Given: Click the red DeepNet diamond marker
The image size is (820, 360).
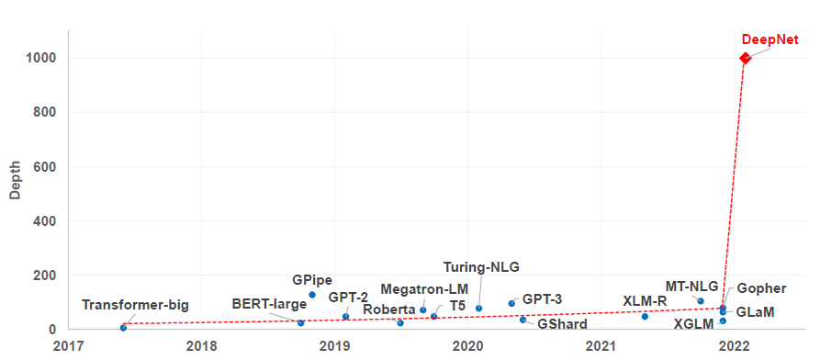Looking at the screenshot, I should click(x=745, y=59).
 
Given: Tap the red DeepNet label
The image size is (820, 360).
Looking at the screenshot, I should click(x=769, y=39).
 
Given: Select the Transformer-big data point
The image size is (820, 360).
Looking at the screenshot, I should click(x=123, y=327).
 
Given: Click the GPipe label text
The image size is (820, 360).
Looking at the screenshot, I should click(x=312, y=280).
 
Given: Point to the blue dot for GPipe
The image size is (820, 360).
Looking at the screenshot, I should click(x=312, y=295).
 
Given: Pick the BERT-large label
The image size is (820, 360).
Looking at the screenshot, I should click(x=268, y=304).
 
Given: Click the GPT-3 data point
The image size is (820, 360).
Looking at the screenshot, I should click(x=511, y=303).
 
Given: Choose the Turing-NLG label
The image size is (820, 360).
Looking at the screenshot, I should click(x=481, y=267).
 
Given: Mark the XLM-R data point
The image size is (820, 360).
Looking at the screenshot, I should click(x=645, y=316).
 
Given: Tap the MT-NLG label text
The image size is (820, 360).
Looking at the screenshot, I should click(x=691, y=286).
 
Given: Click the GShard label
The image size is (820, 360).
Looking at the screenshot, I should click(x=562, y=323).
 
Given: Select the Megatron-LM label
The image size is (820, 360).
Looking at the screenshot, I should click(x=424, y=289).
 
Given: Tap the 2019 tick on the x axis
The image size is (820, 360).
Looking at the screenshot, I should click(x=334, y=346).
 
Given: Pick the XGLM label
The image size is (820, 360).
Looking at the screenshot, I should click(x=692, y=323).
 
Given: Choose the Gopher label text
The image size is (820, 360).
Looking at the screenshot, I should click(x=761, y=288).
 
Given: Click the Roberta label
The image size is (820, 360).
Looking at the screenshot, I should click(x=389, y=309).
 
